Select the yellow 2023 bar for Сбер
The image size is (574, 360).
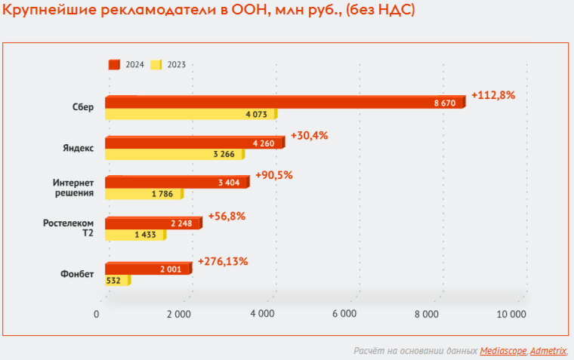point(189,115)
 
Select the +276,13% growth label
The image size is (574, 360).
point(222,261)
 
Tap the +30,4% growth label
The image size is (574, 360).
point(310,136)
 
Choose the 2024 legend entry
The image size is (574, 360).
point(128,65)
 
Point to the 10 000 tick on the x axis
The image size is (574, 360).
point(511,313)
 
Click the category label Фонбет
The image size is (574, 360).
point(78,274)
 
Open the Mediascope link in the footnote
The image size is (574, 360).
point(503,351)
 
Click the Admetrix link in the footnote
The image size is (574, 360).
point(548,351)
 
